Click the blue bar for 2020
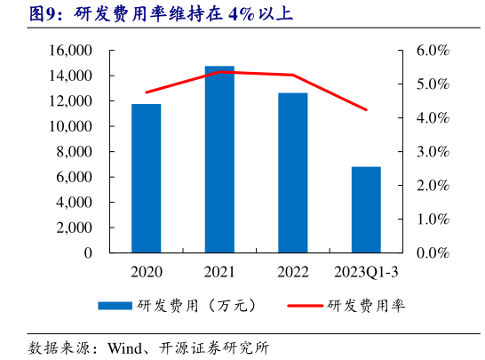click(x=147, y=178)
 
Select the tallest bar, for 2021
click(x=219, y=159)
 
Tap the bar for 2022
click(x=292, y=172)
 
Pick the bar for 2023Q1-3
click(x=366, y=209)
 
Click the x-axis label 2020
click(x=147, y=270)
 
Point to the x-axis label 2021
click(x=219, y=270)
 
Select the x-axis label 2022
click(x=292, y=270)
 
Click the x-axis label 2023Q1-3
click(x=366, y=270)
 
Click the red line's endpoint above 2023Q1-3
click(x=366, y=109)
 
